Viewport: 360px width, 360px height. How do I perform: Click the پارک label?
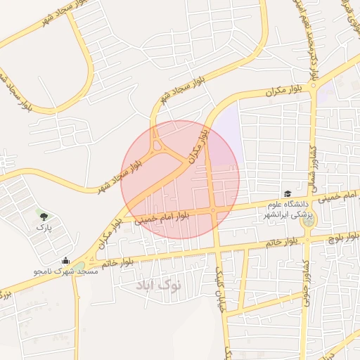pos(44,228)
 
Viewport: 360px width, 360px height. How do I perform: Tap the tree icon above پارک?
pos(44,217)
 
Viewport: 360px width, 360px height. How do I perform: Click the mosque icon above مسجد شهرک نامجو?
pos(65,260)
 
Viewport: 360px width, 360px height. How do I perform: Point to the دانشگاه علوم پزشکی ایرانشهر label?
pos(288,209)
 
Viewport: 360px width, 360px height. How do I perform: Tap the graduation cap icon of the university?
pos(287,193)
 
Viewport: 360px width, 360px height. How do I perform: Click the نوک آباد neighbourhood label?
pos(160,285)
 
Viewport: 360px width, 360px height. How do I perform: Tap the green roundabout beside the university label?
pos(307,220)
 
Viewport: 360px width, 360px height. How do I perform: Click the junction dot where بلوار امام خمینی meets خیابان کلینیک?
pos(213,210)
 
